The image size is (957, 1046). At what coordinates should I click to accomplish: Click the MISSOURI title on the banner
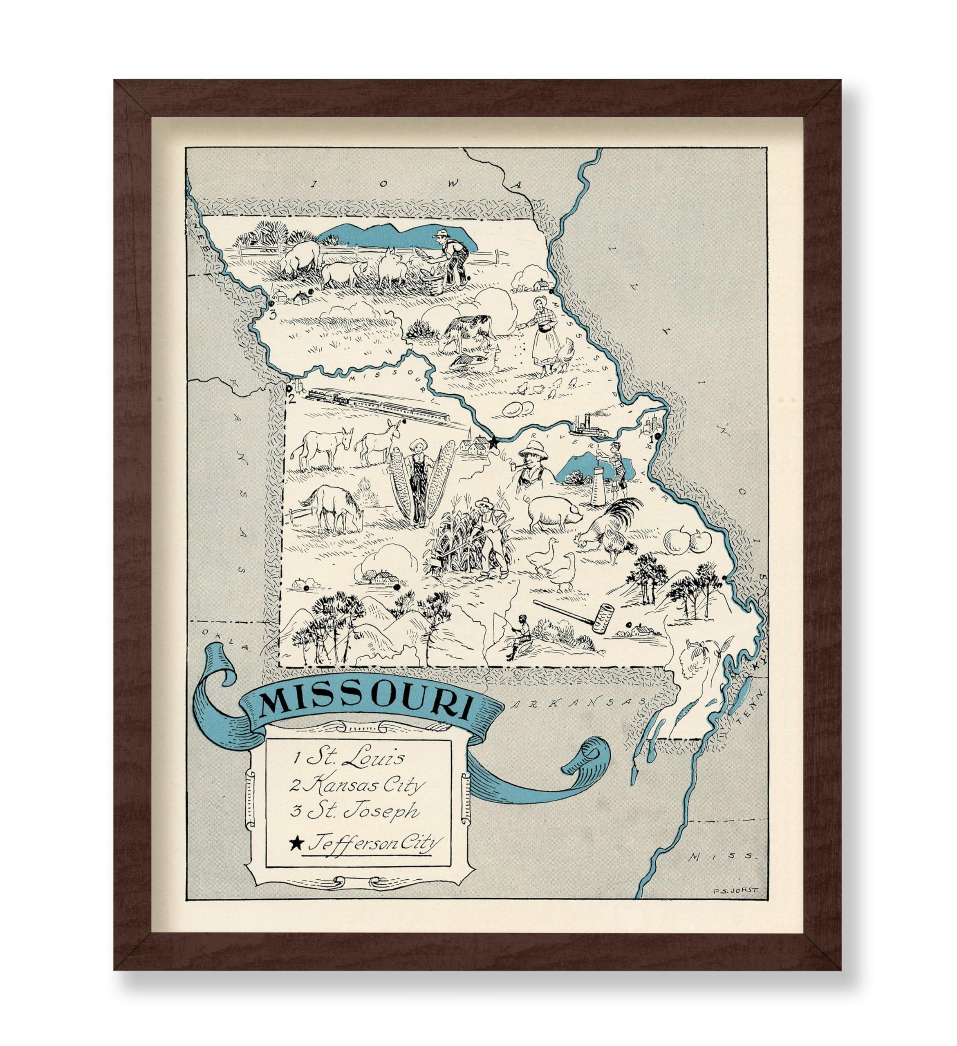pyautogui.click(x=365, y=704)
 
